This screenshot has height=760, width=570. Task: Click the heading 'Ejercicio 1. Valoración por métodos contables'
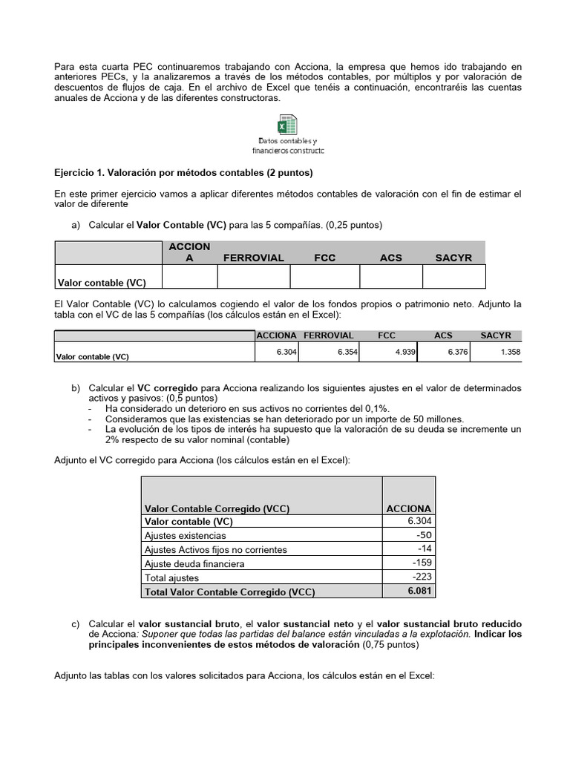tap(184, 173)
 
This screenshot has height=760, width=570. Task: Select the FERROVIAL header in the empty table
tap(253, 258)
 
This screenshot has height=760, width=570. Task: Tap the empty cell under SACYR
tap(453, 277)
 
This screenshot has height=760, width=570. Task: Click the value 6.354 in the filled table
tap(347, 353)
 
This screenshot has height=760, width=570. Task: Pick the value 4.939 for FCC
tap(404, 353)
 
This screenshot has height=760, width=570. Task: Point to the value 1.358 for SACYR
tap(510, 353)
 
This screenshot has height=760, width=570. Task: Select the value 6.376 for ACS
tap(457, 353)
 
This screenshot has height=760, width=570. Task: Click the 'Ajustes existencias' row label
tap(186, 535)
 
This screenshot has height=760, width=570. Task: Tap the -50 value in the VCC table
tap(423, 535)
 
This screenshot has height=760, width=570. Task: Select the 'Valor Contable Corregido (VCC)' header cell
tap(217, 508)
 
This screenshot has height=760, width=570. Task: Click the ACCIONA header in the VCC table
tap(408, 508)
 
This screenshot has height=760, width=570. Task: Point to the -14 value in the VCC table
tap(424, 549)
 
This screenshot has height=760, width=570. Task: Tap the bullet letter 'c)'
tap(76, 623)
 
